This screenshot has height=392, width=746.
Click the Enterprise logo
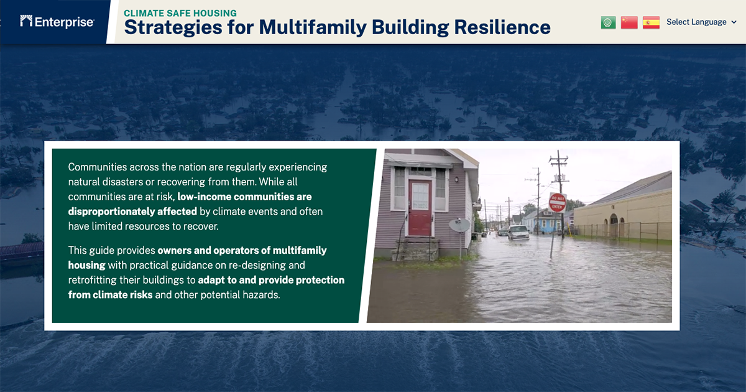point(57,22)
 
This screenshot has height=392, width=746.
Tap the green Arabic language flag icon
point(608,22)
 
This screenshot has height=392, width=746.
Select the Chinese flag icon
point(629,22)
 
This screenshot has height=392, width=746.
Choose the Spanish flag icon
point(651,22)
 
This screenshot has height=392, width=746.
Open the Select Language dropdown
point(701,22)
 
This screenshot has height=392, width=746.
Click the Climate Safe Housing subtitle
point(180,12)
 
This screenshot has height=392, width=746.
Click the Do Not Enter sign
point(557,203)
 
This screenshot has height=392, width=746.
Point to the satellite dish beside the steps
point(459,225)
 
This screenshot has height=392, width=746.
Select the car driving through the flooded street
point(518,232)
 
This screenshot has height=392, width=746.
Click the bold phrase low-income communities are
point(244,197)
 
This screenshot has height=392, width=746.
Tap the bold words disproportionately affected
point(132,212)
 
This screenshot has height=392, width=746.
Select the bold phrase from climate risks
point(110,295)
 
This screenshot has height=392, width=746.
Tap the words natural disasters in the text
point(106,182)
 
